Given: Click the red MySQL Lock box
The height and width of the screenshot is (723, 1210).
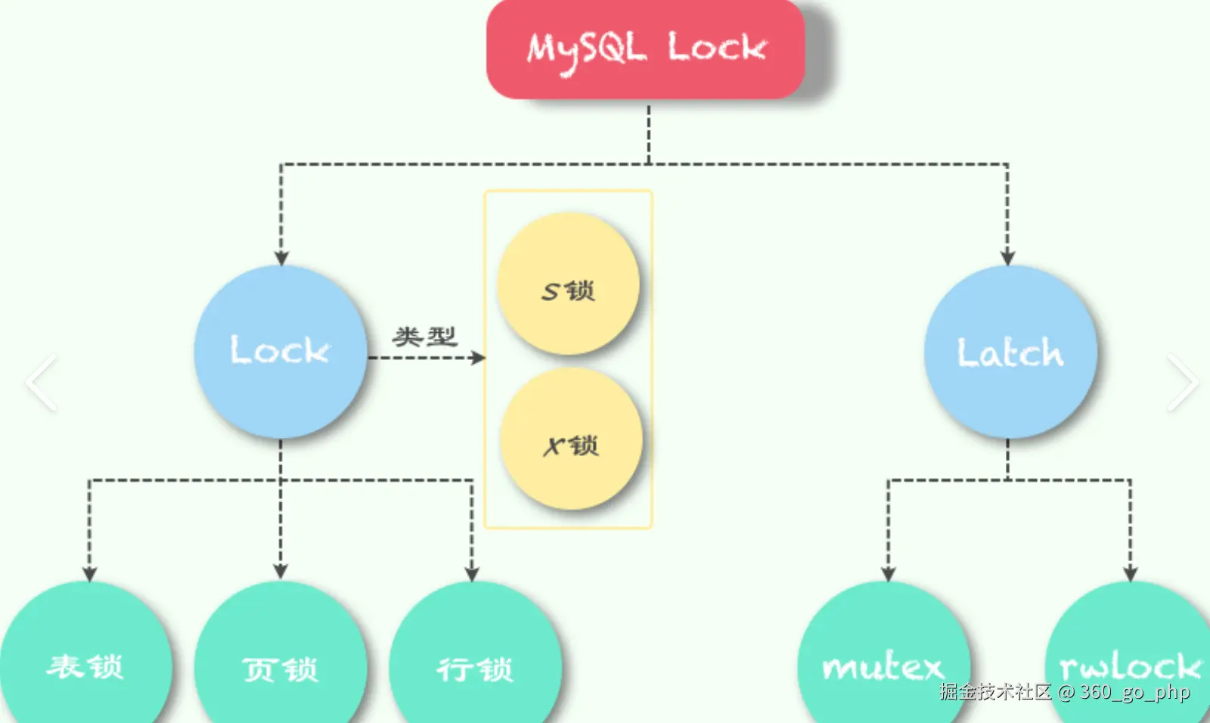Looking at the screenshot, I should pyautogui.click(x=645, y=49).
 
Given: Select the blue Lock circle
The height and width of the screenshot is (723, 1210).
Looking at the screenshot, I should pyautogui.click(x=281, y=352).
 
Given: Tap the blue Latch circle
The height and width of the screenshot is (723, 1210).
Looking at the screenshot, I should pyautogui.click(x=1010, y=352).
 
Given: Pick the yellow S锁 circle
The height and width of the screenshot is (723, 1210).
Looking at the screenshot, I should pyautogui.click(x=568, y=284).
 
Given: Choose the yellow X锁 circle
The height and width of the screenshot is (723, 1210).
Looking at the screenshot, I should pyautogui.click(x=571, y=439).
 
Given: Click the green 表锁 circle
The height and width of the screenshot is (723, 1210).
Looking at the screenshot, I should pyautogui.click(x=85, y=658).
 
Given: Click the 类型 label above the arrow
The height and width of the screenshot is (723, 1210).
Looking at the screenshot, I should pyautogui.click(x=424, y=337).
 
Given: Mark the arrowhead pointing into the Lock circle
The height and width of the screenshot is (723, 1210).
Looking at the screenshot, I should pyautogui.click(x=281, y=258).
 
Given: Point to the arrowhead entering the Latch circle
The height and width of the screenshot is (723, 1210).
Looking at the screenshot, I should pyautogui.click(x=1007, y=258).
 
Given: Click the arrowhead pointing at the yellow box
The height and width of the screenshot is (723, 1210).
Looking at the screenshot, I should pyautogui.click(x=477, y=358).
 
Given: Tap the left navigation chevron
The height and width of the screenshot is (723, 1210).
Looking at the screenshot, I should pyautogui.click(x=42, y=383).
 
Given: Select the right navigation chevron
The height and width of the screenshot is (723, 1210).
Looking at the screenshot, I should pyautogui.click(x=1182, y=383).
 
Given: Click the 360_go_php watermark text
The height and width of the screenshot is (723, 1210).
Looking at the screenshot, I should pyautogui.click(x=1134, y=692).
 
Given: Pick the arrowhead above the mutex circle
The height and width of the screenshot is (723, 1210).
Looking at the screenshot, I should pyautogui.click(x=889, y=574).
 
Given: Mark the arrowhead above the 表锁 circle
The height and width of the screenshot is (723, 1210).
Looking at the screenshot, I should pyautogui.click(x=89, y=574).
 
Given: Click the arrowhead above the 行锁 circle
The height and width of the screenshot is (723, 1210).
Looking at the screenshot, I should pyautogui.click(x=472, y=574).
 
